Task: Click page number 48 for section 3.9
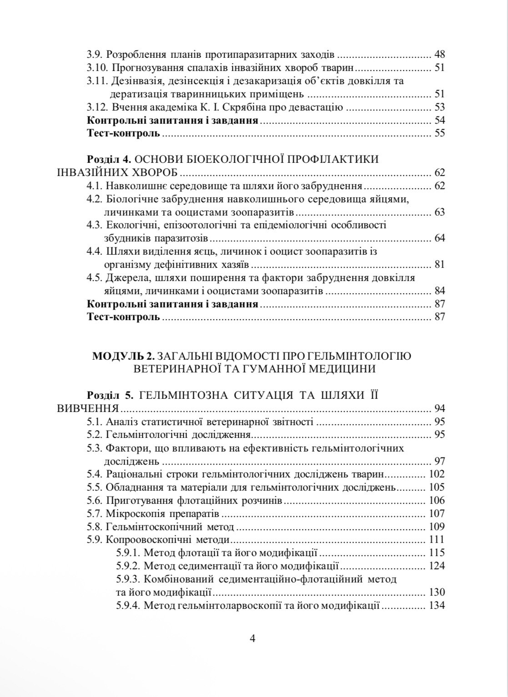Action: click(439, 55)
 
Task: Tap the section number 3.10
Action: click(96, 68)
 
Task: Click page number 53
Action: click(439, 108)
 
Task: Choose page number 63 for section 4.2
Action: click(439, 212)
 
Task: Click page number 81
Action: click(439, 265)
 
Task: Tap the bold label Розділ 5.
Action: click(109, 395)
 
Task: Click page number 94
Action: click(439, 408)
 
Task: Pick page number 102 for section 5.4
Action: click(437, 474)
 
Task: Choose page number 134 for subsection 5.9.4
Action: click(437, 606)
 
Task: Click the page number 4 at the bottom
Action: click(253, 638)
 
